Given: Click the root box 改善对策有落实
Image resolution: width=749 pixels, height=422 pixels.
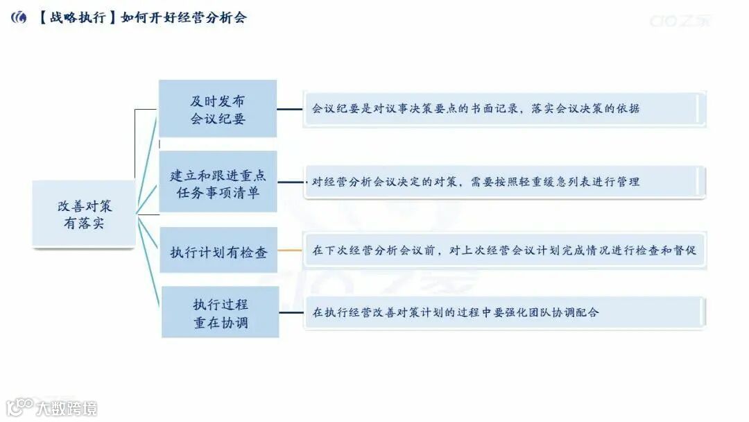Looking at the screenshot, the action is pos(83,214).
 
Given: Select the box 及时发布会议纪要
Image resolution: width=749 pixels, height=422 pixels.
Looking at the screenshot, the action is pos(218,109).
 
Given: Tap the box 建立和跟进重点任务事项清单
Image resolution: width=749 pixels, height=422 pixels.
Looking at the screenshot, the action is pos(218,183).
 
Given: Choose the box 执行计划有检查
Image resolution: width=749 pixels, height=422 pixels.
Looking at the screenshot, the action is pos(218,252).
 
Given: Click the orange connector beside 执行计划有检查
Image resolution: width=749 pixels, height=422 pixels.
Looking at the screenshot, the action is pos(291,251).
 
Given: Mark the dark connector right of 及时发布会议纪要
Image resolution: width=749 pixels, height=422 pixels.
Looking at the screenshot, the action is pos(291,109).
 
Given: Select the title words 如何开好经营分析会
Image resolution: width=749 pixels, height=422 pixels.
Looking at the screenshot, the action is pos(183,18).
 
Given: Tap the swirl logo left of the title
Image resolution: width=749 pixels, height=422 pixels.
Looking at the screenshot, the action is pos(19,18).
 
